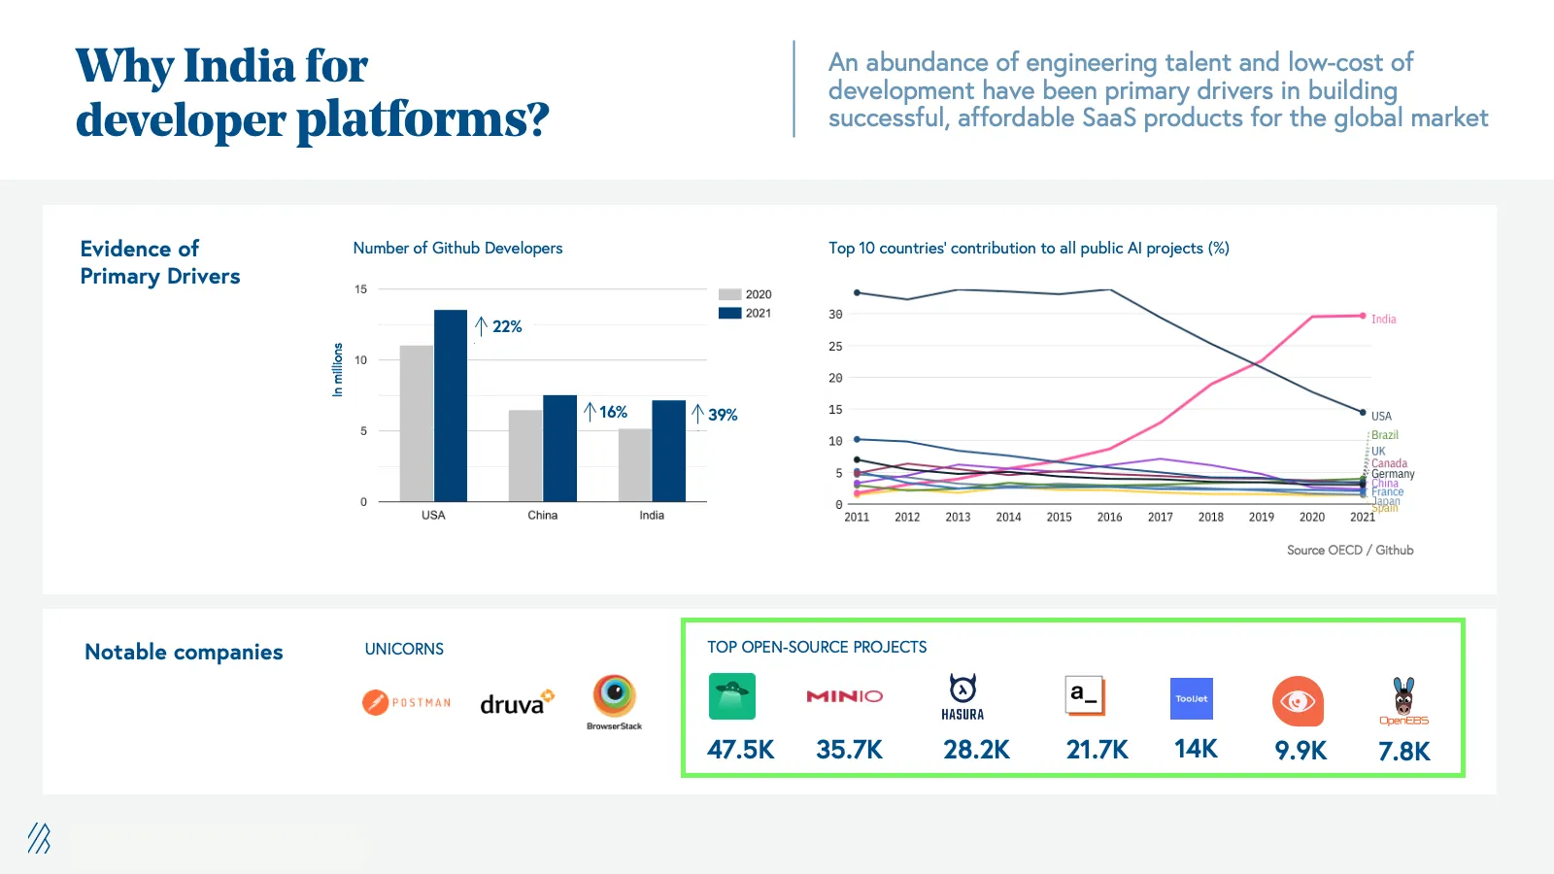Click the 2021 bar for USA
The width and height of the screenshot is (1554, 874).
[x=451, y=406]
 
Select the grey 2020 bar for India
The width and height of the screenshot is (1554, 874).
[x=635, y=465]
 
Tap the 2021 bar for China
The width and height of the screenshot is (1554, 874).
[x=559, y=449]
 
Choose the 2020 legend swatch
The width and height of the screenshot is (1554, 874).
[x=729, y=294]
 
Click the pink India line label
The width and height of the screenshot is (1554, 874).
[x=1383, y=319]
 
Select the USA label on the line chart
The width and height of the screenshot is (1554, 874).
[x=1381, y=417]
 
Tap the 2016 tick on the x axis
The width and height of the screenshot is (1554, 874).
[x=1109, y=518]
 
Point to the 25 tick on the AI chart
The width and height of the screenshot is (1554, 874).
[x=835, y=347]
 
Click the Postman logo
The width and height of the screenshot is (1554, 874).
[x=407, y=702]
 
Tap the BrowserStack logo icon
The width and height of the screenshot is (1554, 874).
[x=614, y=695]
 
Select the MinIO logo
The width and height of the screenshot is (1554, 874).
[x=844, y=696]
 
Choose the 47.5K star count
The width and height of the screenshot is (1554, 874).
[x=740, y=750]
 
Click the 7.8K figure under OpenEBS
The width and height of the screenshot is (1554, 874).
[x=1403, y=752]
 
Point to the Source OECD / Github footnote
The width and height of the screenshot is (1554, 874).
[x=1349, y=551]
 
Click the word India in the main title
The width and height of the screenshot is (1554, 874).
[x=239, y=67]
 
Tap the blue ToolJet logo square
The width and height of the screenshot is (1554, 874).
[x=1192, y=699]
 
